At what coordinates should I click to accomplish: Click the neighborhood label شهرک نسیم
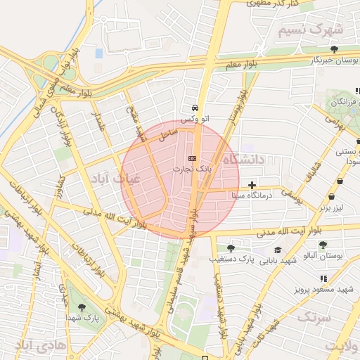click(x=310, y=30)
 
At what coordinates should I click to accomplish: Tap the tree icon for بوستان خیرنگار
click(x=335, y=50)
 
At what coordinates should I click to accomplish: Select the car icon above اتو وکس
click(x=194, y=108)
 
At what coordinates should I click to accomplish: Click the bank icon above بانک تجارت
click(x=193, y=158)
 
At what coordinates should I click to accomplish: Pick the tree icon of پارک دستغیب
click(x=231, y=248)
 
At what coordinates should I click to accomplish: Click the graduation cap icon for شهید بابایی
click(x=278, y=250)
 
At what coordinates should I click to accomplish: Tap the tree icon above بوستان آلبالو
click(x=323, y=245)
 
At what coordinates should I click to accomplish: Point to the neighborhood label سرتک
click(x=313, y=318)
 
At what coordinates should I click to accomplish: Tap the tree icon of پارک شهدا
click(x=82, y=307)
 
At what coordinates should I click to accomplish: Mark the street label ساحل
click(x=168, y=131)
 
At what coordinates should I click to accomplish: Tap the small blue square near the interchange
click(x=98, y=53)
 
